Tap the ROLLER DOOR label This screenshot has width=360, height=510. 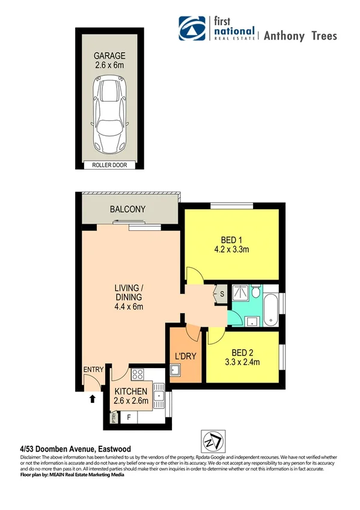pos(109,165)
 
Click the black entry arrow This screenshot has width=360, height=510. pos(92,398)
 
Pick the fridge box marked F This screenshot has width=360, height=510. pos(127,417)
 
